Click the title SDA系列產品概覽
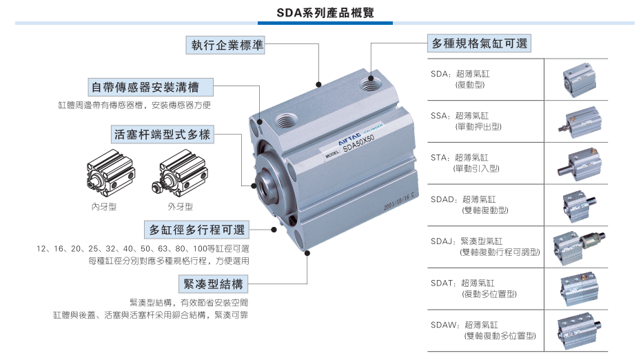tap(325, 12)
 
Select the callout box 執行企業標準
tap(226, 45)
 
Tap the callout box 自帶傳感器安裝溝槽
tap(150, 87)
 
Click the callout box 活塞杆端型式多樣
tap(163, 134)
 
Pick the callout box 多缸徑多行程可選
tap(197, 230)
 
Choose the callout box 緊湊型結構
tap(213, 283)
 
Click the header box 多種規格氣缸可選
tap(479, 43)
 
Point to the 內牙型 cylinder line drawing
tap(111, 174)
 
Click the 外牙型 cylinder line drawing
tap(180, 174)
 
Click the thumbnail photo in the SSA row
tap(580, 122)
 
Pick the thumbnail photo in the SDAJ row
tap(579, 248)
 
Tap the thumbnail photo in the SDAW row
tap(579, 331)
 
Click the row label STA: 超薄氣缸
tap(459, 158)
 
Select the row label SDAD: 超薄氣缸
tap(463, 199)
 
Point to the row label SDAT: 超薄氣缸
tap(462, 283)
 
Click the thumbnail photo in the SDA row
tap(579, 79)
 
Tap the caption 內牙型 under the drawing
tap(104, 206)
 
